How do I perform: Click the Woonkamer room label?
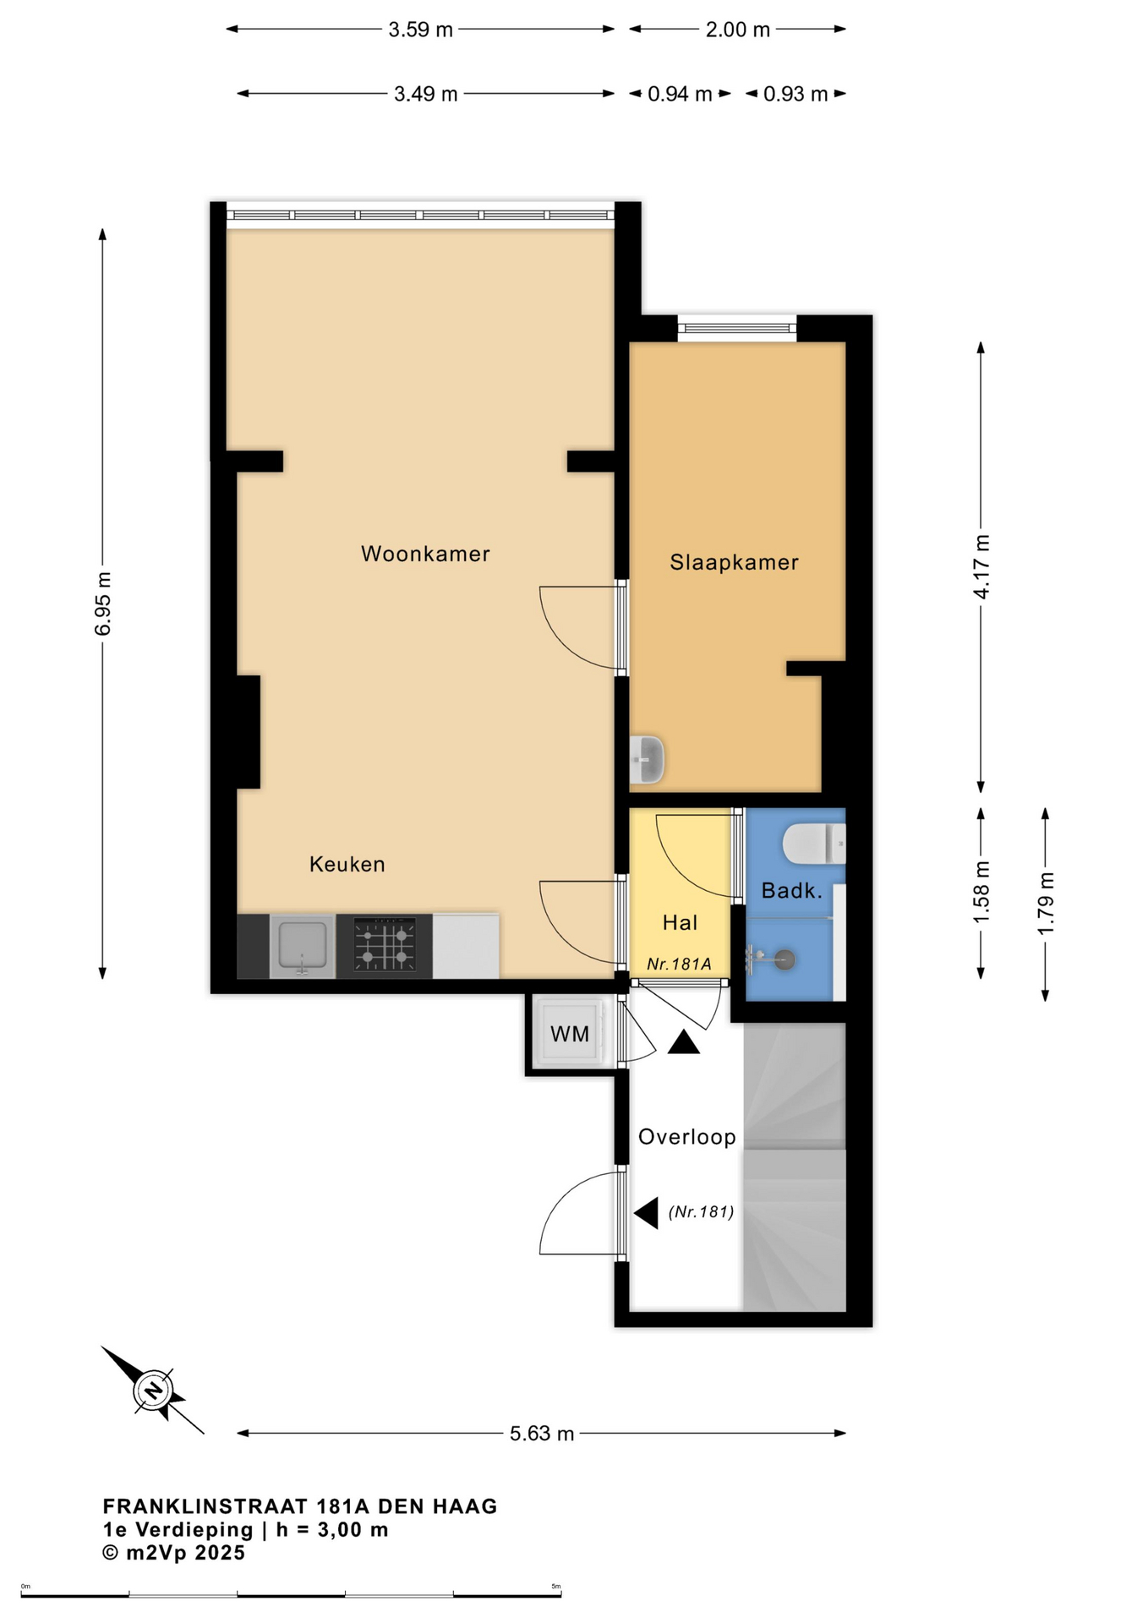pyautogui.click(x=425, y=554)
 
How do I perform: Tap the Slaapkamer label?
pyautogui.click(x=734, y=562)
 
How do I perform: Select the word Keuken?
pyautogui.click(x=347, y=864)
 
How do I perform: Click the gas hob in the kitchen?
pyautogui.click(x=385, y=945)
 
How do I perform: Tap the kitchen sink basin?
pyautogui.click(x=302, y=945)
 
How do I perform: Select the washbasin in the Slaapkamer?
pyautogui.click(x=648, y=759)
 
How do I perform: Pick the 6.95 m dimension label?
pyautogui.click(x=103, y=604)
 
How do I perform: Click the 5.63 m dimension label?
pyautogui.click(x=542, y=1434)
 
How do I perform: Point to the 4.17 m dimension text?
pyautogui.click(x=981, y=567)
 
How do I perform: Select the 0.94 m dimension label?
pyautogui.click(x=680, y=94)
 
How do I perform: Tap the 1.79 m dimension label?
pyautogui.click(x=1046, y=904)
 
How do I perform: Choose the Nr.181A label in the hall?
pyautogui.click(x=679, y=964)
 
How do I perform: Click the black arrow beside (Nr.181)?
pyautogui.click(x=647, y=1213)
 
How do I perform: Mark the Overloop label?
pyautogui.click(x=686, y=1137)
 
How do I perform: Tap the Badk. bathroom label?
pyautogui.click(x=792, y=890)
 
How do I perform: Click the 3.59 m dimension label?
pyautogui.click(x=421, y=30)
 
